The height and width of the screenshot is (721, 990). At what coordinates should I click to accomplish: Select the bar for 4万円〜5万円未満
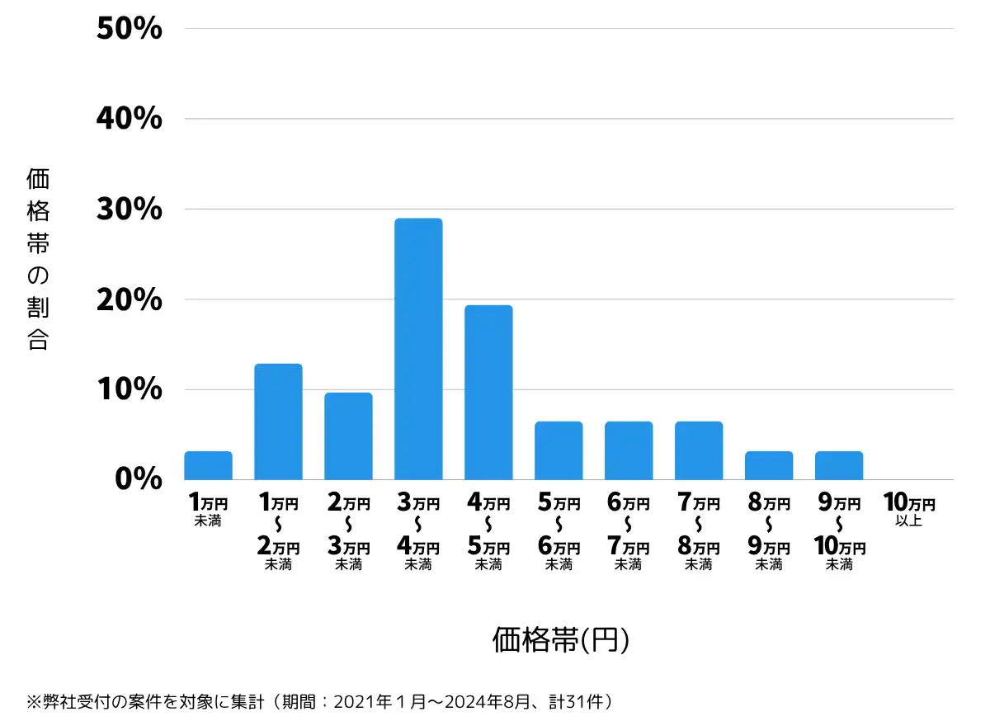click(488, 393)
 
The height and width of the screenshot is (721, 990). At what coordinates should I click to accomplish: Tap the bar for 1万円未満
click(208, 465)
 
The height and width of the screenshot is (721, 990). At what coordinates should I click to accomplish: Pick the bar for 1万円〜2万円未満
click(278, 422)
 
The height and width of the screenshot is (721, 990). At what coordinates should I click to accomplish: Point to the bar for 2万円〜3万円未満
click(348, 436)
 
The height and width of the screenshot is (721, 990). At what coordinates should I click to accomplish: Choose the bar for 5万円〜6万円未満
click(559, 450)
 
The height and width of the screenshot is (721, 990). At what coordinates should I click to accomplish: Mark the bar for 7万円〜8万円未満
click(699, 450)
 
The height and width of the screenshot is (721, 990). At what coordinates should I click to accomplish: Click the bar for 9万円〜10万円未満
click(839, 465)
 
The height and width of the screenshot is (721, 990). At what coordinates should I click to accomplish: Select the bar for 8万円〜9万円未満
click(769, 465)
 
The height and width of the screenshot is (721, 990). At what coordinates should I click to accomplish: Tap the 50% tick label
click(129, 29)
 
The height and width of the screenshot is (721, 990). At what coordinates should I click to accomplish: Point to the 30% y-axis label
click(129, 210)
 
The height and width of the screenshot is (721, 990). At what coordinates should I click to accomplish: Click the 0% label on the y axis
click(138, 479)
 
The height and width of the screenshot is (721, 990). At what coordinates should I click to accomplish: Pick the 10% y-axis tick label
click(129, 389)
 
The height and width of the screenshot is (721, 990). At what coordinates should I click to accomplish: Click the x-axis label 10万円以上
click(909, 509)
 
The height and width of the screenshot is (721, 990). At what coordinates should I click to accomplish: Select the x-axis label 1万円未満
click(208, 509)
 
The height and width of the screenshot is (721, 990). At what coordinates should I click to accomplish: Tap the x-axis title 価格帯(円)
click(561, 640)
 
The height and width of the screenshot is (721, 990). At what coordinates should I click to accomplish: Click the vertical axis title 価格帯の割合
click(38, 259)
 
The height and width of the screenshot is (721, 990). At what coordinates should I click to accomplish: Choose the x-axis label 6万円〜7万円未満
click(629, 533)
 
